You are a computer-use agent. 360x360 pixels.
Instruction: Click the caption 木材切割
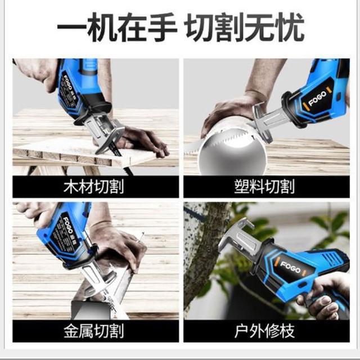coord(94,187)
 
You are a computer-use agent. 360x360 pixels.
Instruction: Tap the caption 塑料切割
coord(264,187)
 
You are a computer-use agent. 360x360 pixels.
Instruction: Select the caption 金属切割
coord(94,331)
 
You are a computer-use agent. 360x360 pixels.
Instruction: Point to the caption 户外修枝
coord(264,331)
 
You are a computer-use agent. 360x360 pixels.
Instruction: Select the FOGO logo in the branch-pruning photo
coord(290,267)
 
